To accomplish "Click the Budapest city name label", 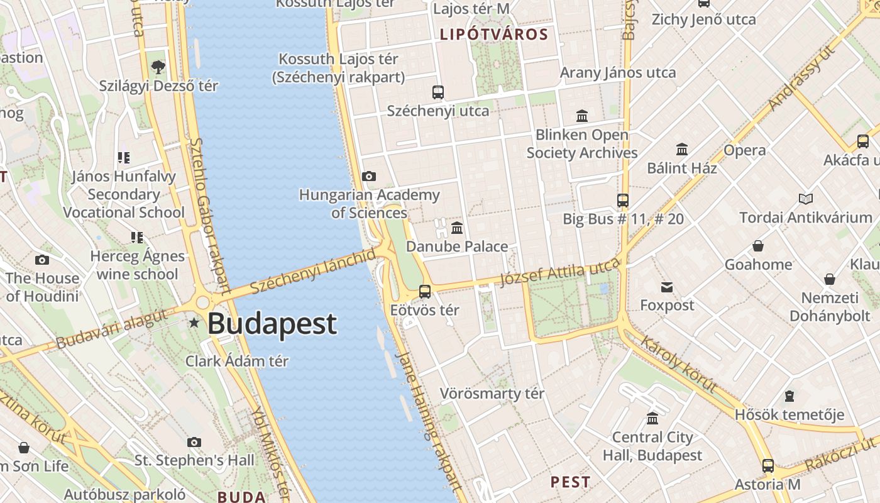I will (x=272, y=324).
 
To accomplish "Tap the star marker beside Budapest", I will (x=194, y=323).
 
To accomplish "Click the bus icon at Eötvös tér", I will (x=425, y=292).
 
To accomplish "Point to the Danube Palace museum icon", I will (x=457, y=228).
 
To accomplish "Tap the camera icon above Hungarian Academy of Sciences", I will (x=369, y=177).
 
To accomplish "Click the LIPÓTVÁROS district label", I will (x=494, y=34).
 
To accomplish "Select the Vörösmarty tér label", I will (x=492, y=394).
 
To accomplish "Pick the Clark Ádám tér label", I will (x=237, y=361).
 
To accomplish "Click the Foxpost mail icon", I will (x=667, y=287).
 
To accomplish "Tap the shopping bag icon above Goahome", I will (x=758, y=246).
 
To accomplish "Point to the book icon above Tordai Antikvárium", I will (x=805, y=199).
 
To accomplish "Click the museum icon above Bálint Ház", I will (x=682, y=150).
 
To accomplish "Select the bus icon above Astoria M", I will (x=768, y=466).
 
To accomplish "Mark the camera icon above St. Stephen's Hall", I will (x=194, y=443).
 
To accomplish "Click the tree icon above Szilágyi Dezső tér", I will (x=158, y=67).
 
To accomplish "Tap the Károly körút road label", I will (x=679, y=363).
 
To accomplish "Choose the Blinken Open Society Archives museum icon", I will (x=582, y=116).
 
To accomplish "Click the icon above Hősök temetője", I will (x=789, y=396).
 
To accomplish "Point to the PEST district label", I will (x=570, y=482).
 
